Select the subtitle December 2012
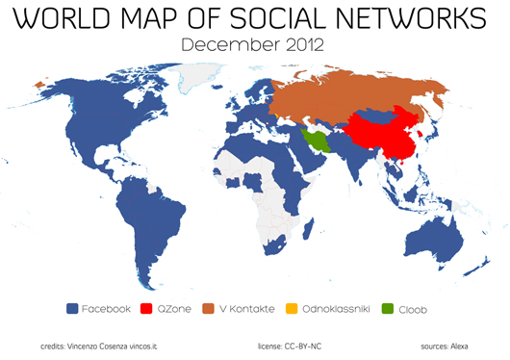253,44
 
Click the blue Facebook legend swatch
71,309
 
